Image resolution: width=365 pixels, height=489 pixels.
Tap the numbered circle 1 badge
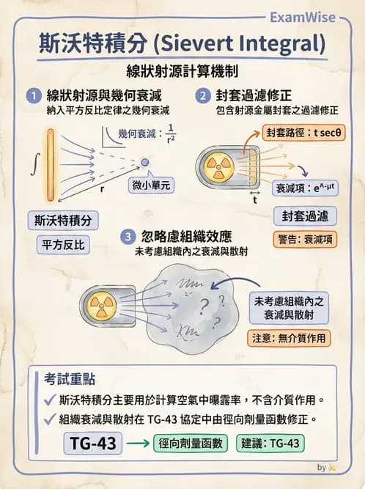click(x=33, y=96)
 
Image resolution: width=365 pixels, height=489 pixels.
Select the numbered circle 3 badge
click(x=128, y=237)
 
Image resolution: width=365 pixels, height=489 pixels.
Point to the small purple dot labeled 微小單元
click(x=145, y=162)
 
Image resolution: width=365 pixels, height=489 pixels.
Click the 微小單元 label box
click(x=152, y=185)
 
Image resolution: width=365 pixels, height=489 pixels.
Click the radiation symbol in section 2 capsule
click(x=218, y=166)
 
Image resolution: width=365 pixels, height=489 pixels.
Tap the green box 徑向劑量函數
click(x=191, y=444)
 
